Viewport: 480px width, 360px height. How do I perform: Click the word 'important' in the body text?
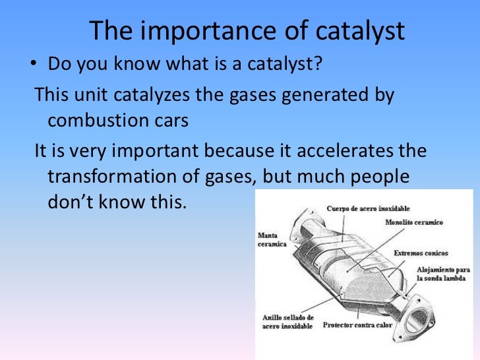point(152,152)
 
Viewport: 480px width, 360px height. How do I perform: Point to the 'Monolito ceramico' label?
point(415,222)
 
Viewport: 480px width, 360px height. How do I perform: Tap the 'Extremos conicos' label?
point(421,253)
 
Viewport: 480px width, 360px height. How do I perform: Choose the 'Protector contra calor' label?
point(357,325)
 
